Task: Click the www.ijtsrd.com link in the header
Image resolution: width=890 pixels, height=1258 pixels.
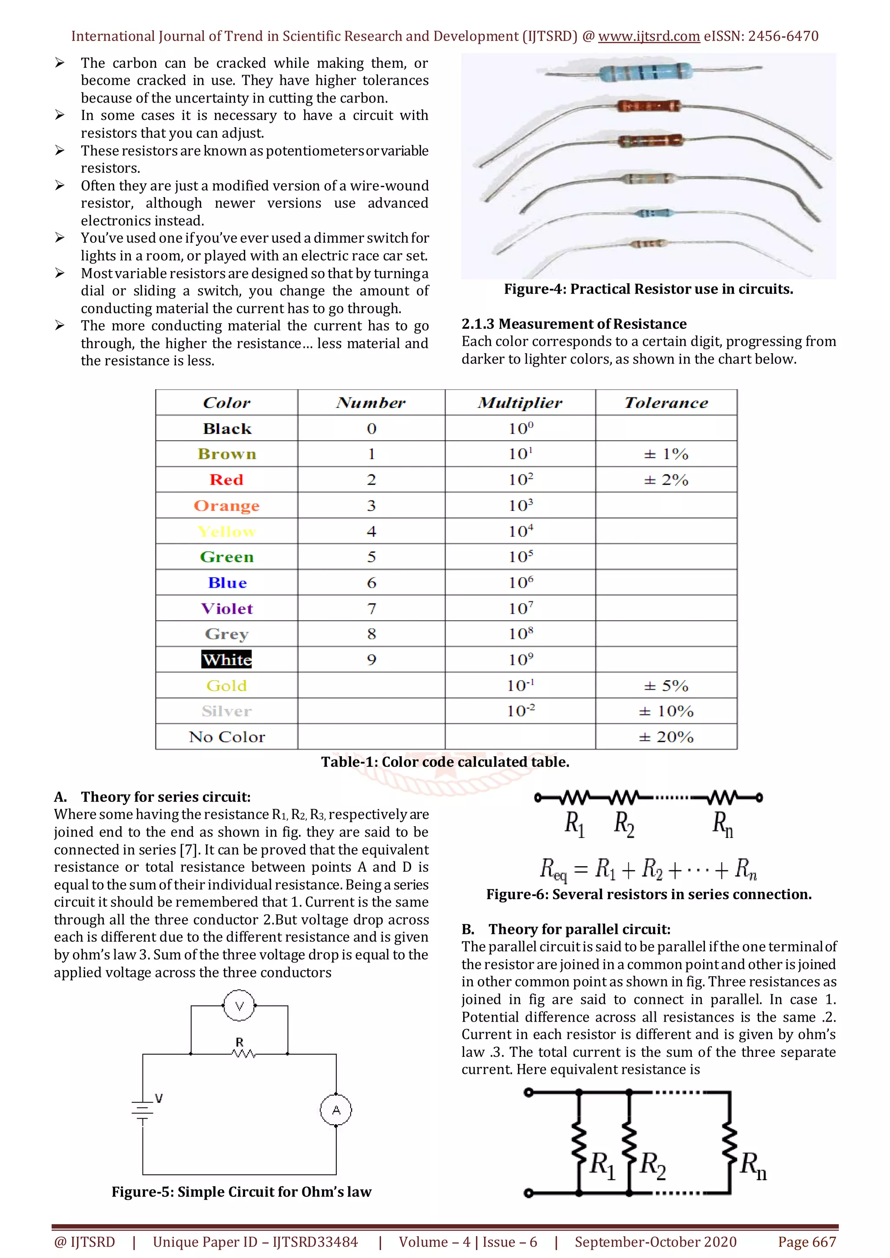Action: click(649, 36)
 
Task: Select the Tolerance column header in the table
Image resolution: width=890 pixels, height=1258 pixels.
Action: click(666, 403)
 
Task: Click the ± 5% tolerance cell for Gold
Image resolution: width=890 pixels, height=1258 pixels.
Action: click(666, 685)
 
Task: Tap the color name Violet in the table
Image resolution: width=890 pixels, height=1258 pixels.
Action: click(227, 608)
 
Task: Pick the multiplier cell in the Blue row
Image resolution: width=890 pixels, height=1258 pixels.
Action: click(520, 583)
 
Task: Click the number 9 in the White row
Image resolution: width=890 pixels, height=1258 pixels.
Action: click(372, 660)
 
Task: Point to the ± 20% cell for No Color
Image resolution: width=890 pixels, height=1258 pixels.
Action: click(666, 737)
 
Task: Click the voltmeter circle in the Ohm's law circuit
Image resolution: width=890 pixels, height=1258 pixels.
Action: click(239, 1006)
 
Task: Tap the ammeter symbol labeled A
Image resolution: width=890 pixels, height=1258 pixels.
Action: click(336, 1110)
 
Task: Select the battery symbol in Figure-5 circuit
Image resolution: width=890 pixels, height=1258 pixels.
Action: click(143, 1110)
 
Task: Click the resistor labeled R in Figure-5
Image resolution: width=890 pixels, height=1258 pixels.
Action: click(243, 1053)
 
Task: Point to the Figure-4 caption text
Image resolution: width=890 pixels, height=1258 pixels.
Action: click(648, 289)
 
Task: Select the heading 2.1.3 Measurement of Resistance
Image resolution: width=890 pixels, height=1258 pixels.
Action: click(574, 324)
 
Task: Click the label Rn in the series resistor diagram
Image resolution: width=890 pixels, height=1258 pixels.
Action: click(722, 824)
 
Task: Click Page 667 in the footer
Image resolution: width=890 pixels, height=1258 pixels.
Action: click(807, 1241)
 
